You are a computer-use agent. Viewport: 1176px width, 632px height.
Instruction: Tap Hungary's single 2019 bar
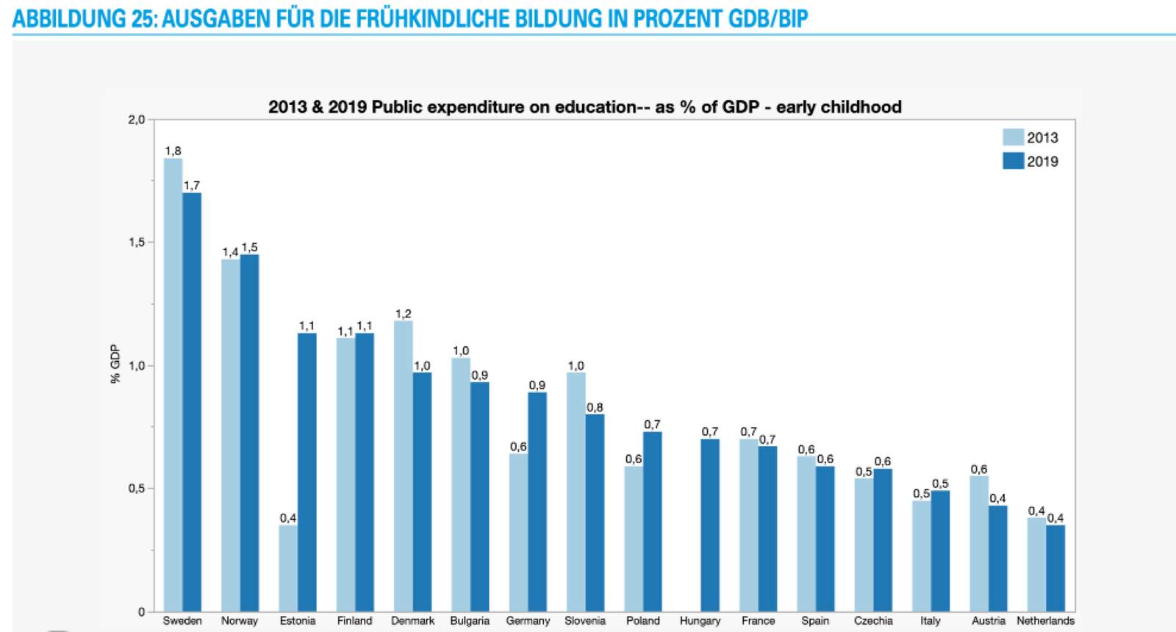pyautogui.click(x=710, y=525)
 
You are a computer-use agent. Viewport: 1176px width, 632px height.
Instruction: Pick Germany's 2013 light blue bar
pyautogui.click(x=518, y=532)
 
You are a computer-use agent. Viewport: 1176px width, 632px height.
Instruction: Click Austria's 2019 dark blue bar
pyautogui.click(x=998, y=559)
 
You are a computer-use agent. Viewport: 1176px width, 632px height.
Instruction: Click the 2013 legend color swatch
pyautogui.click(x=1013, y=137)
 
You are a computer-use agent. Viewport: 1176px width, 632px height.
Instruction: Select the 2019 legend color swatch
pyautogui.click(x=1013, y=161)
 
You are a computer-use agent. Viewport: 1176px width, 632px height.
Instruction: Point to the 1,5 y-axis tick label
pyautogui.click(x=137, y=243)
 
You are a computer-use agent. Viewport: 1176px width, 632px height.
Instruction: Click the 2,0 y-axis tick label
pyautogui.click(x=137, y=120)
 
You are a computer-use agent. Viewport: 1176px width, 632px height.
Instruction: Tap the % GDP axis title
pyautogui.click(x=115, y=364)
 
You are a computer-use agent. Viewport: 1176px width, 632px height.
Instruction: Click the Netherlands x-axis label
pyautogui.click(x=1045, y=621)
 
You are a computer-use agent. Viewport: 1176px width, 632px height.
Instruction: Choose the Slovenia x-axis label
pyautogui.click(x=585, y=621)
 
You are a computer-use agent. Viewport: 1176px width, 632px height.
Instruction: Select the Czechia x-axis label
pyautogui.click(x=873, y=621)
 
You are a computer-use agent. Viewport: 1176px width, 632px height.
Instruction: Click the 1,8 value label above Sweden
pyautogui.click(x=173, y=151)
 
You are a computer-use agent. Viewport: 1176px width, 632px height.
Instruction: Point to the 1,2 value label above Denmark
pyautogui.click(x=403, y=314)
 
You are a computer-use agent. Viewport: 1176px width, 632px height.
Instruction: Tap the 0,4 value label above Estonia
pyautogui.click(x=288, y=518)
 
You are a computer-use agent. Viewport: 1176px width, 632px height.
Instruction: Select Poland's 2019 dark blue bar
pyautogui.click(x=653, y=521)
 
